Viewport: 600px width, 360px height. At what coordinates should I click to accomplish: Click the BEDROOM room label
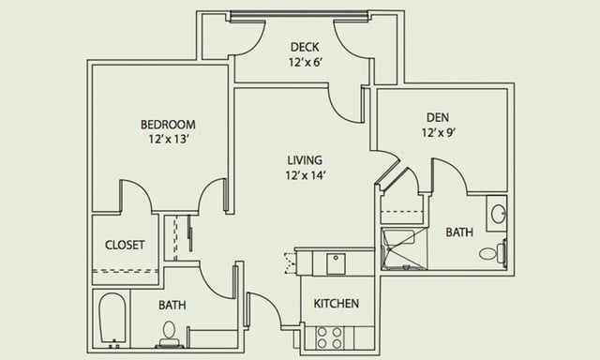point(168,125)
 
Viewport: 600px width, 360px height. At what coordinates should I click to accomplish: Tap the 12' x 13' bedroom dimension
point(169,139)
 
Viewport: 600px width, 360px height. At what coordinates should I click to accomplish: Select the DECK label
point(305,47)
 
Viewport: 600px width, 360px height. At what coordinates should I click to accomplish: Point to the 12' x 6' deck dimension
point(307,62)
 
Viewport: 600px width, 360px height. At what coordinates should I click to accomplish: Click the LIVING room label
point(305,160)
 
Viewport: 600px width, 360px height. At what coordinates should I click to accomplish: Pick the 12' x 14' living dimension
point(306,175)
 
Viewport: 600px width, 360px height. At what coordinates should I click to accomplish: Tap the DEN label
point(438,117)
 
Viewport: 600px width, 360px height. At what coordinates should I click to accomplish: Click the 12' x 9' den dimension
point(439,132)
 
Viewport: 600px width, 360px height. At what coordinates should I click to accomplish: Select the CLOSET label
point(125,245)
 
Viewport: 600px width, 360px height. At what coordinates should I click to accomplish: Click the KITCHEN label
point(337,304)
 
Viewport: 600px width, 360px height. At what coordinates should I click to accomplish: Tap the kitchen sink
point(336,263)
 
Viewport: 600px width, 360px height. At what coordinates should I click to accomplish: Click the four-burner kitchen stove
point(330,337)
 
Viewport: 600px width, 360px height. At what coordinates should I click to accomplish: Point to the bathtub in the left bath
point(112,318)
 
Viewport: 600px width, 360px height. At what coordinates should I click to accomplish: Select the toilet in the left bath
point(169,334)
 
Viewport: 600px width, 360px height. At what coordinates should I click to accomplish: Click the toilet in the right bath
point(493,252)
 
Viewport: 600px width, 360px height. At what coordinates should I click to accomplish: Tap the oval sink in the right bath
point(498,214)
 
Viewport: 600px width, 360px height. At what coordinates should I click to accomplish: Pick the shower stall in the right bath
point(404,248)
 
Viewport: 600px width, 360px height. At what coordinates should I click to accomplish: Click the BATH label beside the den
point(459,232)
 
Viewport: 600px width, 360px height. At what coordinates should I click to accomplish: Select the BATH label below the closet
point(172,305)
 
